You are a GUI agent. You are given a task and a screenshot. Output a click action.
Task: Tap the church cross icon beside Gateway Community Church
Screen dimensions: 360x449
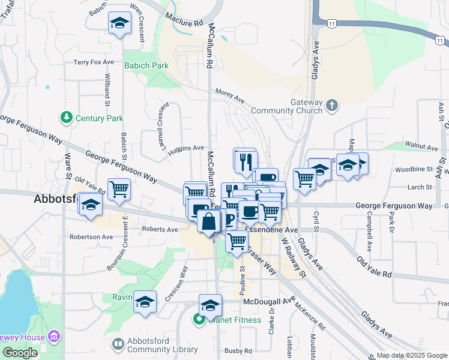[332, 106]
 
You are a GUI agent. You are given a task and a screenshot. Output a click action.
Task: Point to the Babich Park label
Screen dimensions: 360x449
[146, 65]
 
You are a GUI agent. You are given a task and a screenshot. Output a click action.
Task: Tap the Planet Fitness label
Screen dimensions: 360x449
[235, 320]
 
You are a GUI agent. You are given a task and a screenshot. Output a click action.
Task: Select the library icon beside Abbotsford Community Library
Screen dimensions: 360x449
[116, 344]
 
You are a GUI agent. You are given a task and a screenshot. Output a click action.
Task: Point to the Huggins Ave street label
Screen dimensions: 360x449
[186, 148]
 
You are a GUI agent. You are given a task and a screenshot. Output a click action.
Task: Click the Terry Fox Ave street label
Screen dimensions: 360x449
[94, 62]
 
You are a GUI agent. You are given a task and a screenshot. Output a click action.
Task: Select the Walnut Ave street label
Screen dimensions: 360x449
[421, 146]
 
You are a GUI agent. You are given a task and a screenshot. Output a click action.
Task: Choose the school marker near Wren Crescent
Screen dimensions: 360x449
[119, 23]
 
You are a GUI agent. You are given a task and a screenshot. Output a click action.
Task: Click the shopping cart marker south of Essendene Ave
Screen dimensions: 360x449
[237, 241]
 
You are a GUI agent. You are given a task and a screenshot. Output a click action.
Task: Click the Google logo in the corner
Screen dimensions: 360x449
[20, 353]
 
